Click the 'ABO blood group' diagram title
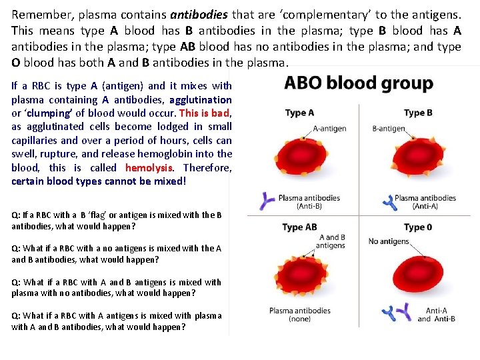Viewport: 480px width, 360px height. pos(358,83)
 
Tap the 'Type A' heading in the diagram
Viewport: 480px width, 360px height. pos(299,113)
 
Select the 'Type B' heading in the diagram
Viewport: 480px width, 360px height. pos(418,113)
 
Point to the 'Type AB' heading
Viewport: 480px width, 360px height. pos(299,227)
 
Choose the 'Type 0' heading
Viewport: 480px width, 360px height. pos(418,227)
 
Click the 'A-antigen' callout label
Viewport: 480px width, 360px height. pos(329,129)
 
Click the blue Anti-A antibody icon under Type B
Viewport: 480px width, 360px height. pos(387,201)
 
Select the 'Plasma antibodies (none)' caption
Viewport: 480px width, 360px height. pos(299,315)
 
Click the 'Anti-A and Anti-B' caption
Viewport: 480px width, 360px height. pos(437,315)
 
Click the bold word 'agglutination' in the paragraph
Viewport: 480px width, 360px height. pos(201,99)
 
